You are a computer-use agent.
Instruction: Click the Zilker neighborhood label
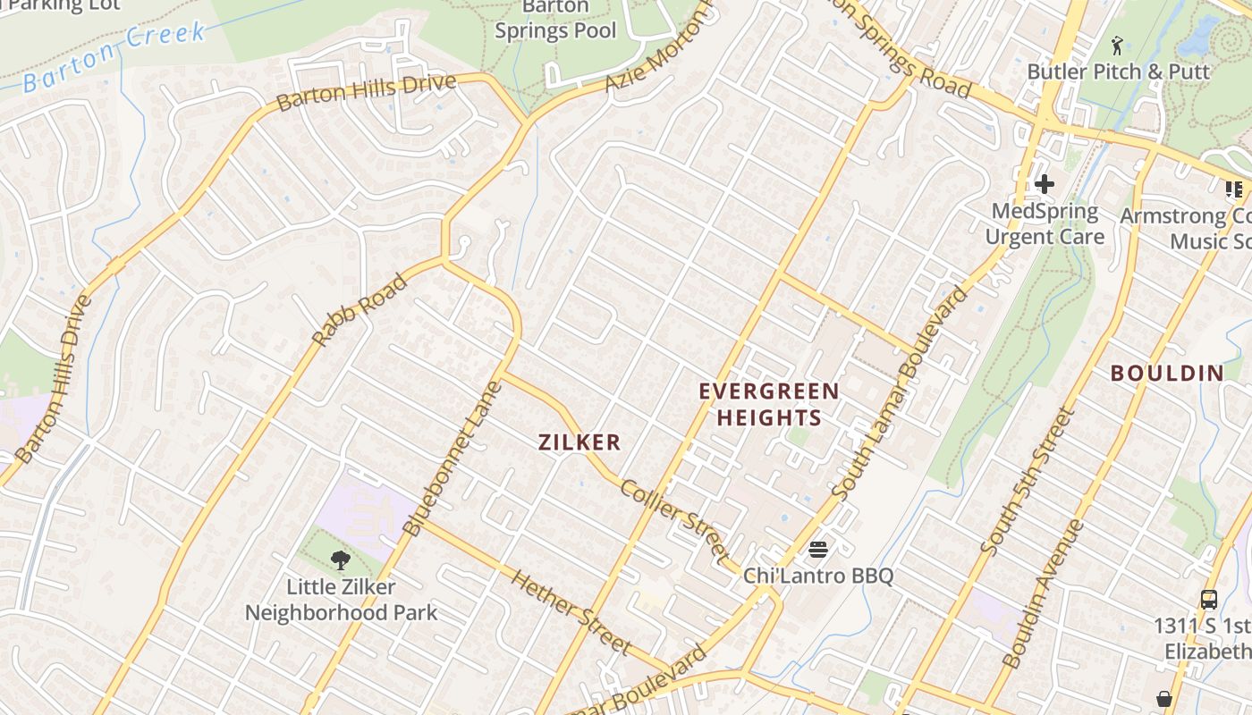[x=579, y=442]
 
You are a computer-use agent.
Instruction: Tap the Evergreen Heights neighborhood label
[x=769, y=404]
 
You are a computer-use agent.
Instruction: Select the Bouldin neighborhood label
[x=1167, y=374]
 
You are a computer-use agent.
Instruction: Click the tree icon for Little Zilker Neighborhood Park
[x=340, y=560]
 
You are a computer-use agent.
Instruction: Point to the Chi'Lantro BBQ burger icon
[x=818, y=549]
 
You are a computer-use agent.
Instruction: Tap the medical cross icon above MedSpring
[x=1044, y=184]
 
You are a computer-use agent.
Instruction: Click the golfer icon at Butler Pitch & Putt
[x=1117, y=45]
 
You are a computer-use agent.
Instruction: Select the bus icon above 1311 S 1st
[x=1208, y=600]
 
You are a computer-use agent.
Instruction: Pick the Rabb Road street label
[x=360, y=310]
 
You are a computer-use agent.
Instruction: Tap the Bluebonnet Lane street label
[x=453, y=458]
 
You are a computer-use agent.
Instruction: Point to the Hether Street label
[x=571, y=611]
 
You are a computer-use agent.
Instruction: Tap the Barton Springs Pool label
[x=555, y=20]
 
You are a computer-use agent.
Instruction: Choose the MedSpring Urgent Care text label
[x=1045, y=224]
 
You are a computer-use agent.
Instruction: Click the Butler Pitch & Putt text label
[x=1118, y=71]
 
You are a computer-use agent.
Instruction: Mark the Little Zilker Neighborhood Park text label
[x=341, y=600]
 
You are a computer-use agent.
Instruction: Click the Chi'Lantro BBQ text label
[x=818, y=576]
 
